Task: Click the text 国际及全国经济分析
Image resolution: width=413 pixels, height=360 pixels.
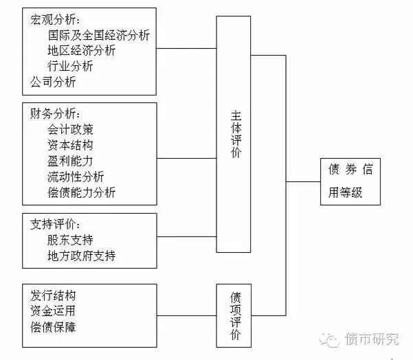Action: point(99,34)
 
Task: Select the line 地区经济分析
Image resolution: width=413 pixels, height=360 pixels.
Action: point(82,50)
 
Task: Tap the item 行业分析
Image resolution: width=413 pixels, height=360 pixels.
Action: point(70,66)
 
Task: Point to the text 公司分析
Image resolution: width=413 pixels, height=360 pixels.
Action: point(53,82)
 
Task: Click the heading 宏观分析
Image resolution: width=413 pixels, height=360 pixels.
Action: point(55,19)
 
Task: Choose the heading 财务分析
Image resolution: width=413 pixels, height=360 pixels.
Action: point(55,113)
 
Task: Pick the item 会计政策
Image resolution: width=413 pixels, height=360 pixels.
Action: point(70,128)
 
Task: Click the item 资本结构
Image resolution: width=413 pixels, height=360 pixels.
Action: point(70,145)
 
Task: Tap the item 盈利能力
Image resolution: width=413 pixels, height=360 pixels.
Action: point(70,161)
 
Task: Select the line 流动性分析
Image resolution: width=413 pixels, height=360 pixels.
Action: point(76,177)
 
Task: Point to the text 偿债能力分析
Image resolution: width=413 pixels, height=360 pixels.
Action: point(82,192)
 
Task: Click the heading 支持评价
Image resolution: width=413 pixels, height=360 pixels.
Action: point(55,224)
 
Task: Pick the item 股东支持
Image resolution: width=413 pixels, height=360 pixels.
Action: point(70,240)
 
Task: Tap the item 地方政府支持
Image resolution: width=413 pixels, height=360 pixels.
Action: point(82,256)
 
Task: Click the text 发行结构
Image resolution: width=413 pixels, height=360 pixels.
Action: point(53,295)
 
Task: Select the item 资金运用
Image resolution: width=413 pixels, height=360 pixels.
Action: point(53,311)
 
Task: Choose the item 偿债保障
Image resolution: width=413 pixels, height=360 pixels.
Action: point(53,326)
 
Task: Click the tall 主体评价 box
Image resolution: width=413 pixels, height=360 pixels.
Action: point(234,134)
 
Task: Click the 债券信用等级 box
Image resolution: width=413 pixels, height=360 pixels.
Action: point(350,181)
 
